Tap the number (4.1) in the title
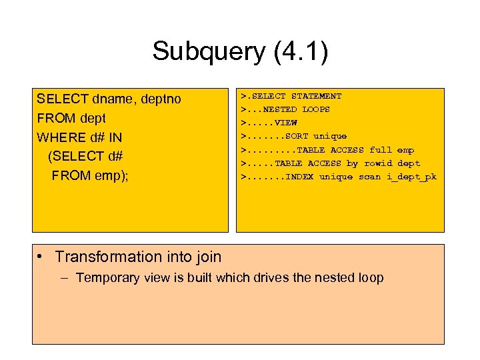click(301, 52)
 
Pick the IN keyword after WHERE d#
click(114, 137)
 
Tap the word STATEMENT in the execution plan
click(316, 96)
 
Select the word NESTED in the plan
click(280, 109)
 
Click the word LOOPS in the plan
click(316, 109)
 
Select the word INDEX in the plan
click(299, 176)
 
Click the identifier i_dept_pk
click(411, 176)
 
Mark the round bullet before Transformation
click(41, 257)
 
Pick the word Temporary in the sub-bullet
click(106, 277)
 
